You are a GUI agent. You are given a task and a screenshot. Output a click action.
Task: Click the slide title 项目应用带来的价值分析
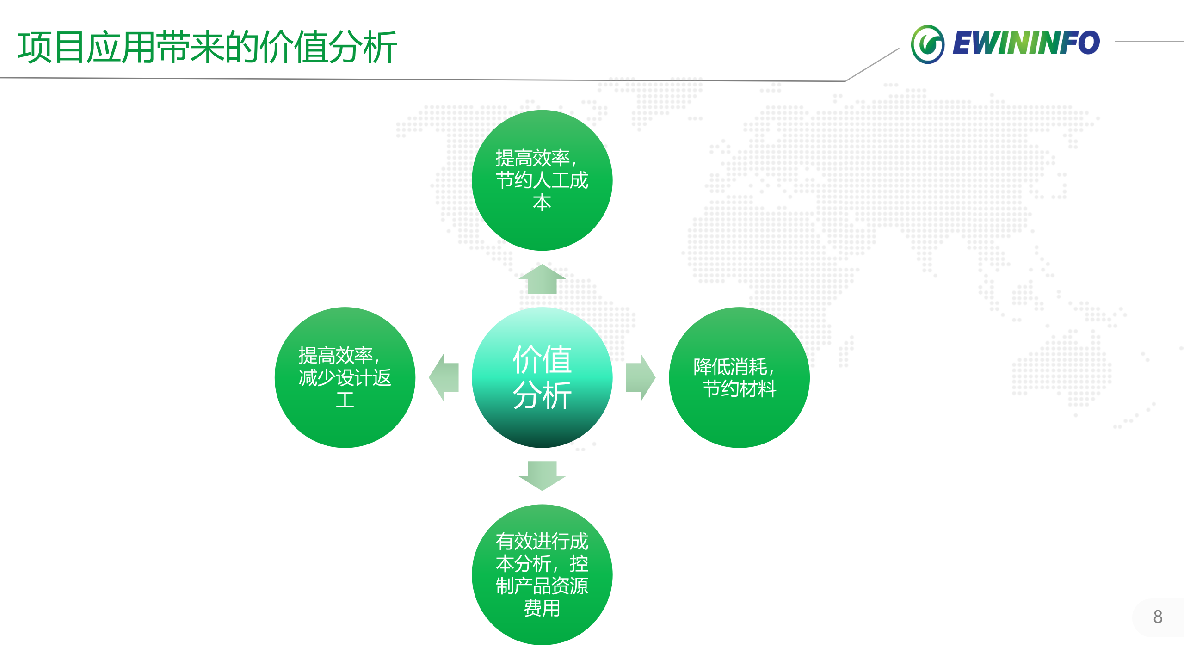pyautogui.click(x=207, y=47)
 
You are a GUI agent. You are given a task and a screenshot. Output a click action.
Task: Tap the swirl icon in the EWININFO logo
pyautogui.click(x=927, y=44)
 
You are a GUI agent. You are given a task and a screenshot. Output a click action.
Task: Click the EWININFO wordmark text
pyautogui.click(x=1026, y=43)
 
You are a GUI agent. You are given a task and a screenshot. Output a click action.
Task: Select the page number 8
pyautogui.click(x=1158, y=617)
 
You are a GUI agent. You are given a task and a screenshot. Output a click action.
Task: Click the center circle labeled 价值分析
pyautogui.click(x=542, y=377)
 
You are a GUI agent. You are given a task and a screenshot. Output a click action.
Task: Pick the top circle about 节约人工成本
pyautogui.click(x=542, y=180)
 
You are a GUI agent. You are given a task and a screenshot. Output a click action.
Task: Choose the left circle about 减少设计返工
pyautogui.click(x=345, y=377)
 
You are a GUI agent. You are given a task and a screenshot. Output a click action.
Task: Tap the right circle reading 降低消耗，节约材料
pyautogui.click(x=739, y=377)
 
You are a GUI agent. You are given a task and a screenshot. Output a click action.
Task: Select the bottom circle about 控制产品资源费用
pyautogui.click(x=542, y=574)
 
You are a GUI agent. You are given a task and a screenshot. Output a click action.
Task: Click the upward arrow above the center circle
pyautogui.click(x=542, y=279)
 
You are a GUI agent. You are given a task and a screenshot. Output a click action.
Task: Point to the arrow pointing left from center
pyautogui.click(x=444, y=377)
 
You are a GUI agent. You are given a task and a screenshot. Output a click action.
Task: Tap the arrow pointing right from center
pyautogui.click(x=640, y=377)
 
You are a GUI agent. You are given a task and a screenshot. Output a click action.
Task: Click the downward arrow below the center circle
pyautogui.click(x=542, y=475)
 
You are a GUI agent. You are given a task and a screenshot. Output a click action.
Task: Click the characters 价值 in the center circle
pyautogui.click(x=542, y=359)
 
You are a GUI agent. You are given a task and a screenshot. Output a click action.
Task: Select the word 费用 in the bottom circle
pyautogui.click(x=542, y=608)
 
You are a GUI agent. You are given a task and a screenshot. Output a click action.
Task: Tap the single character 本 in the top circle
pyautogui.click(x=542, y=203)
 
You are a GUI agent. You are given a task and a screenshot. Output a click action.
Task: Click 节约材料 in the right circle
pyautogui.click(x=739, y=389)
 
